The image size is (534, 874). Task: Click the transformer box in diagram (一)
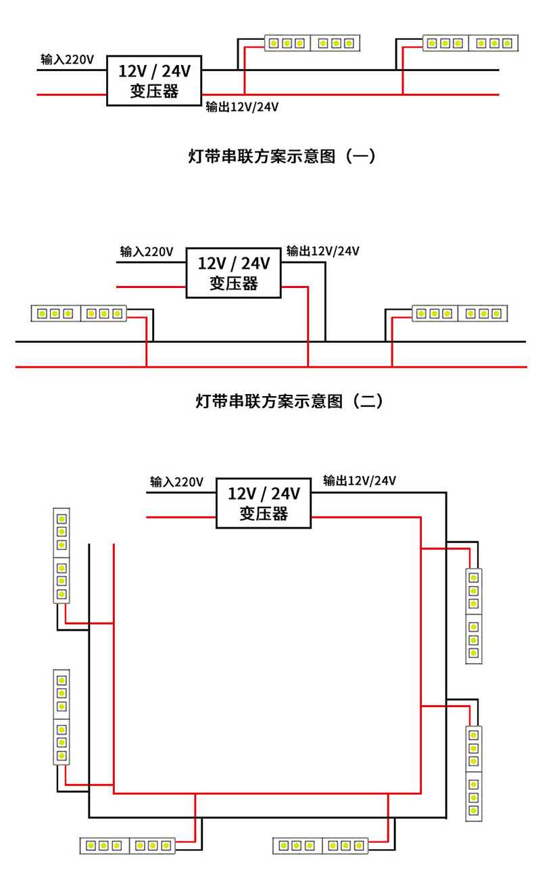tap(154, 80)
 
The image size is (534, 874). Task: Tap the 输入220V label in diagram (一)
tap(67, 59)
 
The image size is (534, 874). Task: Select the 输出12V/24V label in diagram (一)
tap(242, 107)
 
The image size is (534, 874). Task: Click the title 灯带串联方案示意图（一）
tap(281, 157)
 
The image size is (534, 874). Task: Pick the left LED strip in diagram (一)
tap(312, 43)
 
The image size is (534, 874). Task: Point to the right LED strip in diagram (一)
tap(471, 43)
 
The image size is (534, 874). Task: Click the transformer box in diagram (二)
tap(233, 272)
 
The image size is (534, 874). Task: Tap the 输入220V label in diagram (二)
tap(147, 251)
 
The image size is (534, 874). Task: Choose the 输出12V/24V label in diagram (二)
tap(322, 251)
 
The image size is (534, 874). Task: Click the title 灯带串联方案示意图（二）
tap(289, 402)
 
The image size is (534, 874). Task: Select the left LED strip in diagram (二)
tap(79, 314)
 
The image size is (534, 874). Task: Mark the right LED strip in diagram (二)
tap(460, 314)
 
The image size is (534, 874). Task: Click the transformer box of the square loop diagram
tap(263, 503)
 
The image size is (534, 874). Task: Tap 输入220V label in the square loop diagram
tap(176, 482)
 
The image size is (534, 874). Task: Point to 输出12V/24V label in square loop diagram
tap(359, 481)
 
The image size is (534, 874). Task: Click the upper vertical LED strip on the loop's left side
tap(62, 555)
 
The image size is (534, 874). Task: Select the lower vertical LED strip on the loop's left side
tap(62, 717)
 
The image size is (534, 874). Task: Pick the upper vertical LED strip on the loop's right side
tap(474, 615)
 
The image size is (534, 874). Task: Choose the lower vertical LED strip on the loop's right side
tap(474, 773)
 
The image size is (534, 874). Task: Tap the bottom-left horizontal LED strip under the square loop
tap(128, 845)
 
